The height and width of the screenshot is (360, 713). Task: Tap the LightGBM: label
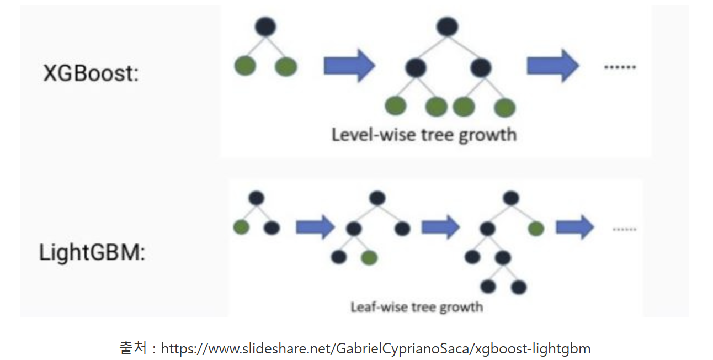coord(92,253)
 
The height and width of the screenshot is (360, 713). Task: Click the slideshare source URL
coord(375,348)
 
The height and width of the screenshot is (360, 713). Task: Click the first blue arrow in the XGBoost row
coord(349,66)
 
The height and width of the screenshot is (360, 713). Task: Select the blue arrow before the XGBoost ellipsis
coord(552,66)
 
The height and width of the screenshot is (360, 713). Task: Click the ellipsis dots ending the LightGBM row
coord(624,229)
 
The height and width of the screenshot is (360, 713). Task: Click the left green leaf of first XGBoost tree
coord(245,66)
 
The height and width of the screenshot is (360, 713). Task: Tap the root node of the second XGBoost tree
coord(447,27)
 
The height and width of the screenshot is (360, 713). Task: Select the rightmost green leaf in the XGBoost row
coord(504,107)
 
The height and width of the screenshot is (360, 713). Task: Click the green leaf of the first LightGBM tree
coord(241,227)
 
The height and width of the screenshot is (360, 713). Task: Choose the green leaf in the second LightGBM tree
coord(369,257)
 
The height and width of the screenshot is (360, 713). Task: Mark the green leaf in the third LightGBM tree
coord(535,228)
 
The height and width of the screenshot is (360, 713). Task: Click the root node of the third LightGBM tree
coord(511,198)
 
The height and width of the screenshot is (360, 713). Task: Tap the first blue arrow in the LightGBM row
coord(315,227)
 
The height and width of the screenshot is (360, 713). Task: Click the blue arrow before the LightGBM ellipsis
coord(574,227)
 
